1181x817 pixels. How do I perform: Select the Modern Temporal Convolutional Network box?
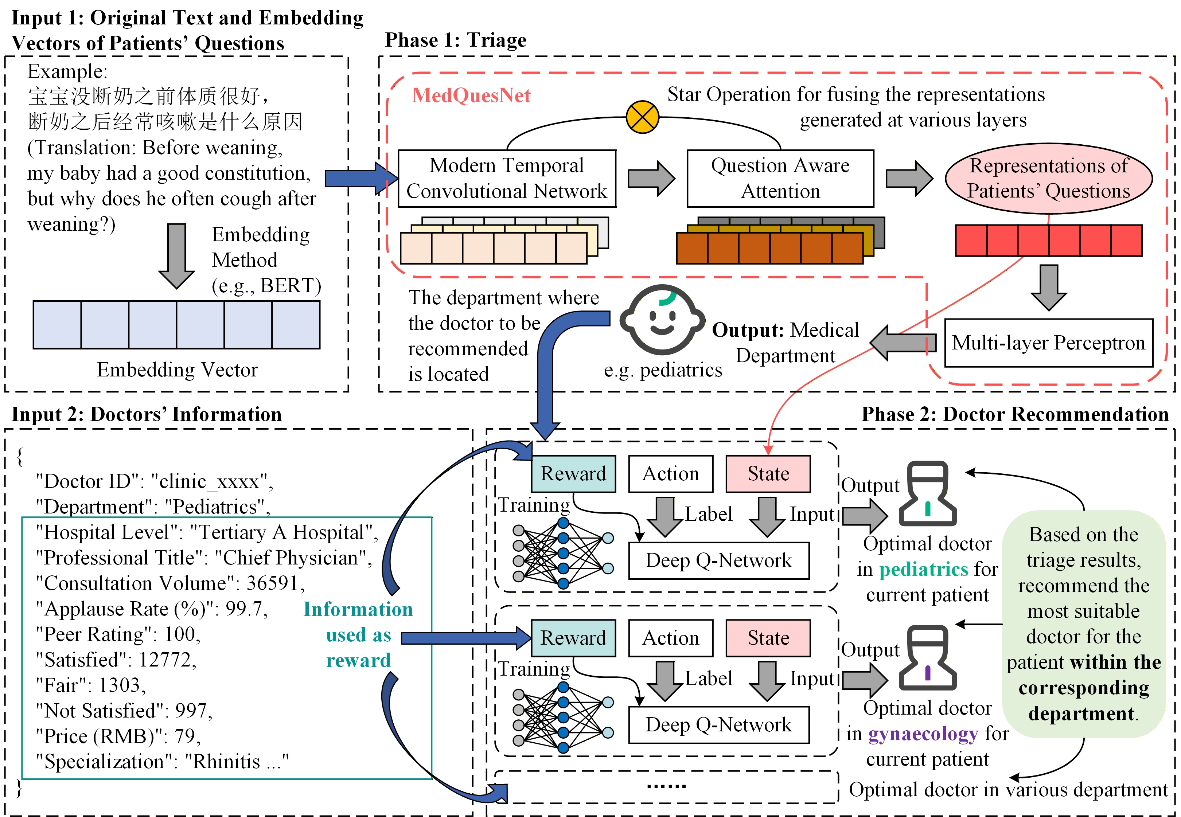click(507, 178)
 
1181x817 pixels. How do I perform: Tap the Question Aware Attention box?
click(780, 178)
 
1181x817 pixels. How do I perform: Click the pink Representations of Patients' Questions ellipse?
click(1048, 178)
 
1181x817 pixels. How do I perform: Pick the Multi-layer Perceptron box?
click(1048, 343)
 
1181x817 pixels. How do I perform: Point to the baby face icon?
click(662, 320)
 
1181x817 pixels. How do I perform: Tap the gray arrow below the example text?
click(177, 256)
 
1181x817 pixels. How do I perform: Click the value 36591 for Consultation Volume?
click(272, 583)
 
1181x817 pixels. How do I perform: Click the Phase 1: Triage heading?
click(456, 40)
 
